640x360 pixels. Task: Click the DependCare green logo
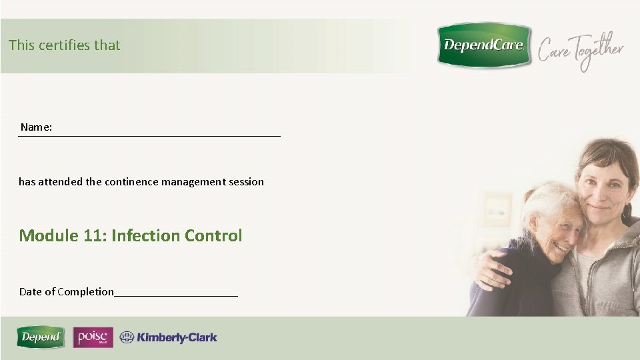(x=484, y=45)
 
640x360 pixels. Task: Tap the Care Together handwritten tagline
(x=581, y=51)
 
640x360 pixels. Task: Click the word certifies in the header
(x=64, y=45)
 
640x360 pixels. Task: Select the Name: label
(x=36, y=127)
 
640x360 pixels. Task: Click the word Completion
(x=85, y=291)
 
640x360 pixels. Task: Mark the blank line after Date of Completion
(x=176, y=294)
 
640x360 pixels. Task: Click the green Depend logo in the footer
(x=41, y=337)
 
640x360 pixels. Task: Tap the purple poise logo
(x=93, y=337)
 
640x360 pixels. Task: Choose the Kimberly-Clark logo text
(x=177, y=337)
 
